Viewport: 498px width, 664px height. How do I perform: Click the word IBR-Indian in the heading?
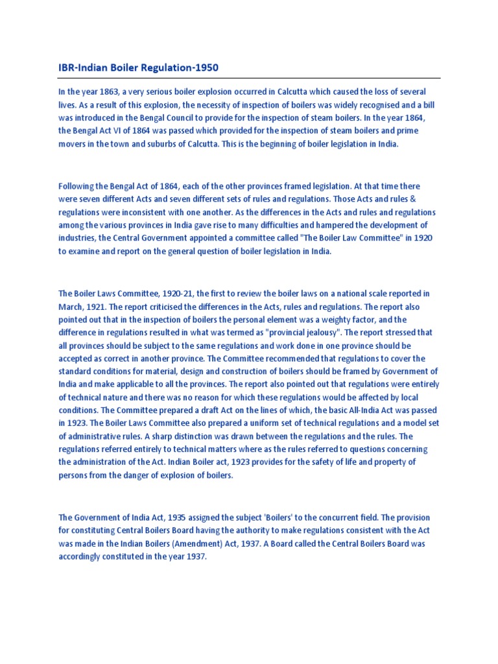[81, 67]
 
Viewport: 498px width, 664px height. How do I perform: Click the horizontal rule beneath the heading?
[249, 78]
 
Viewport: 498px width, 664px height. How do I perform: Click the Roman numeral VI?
[115, 132]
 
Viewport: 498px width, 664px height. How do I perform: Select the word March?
[71, 307]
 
